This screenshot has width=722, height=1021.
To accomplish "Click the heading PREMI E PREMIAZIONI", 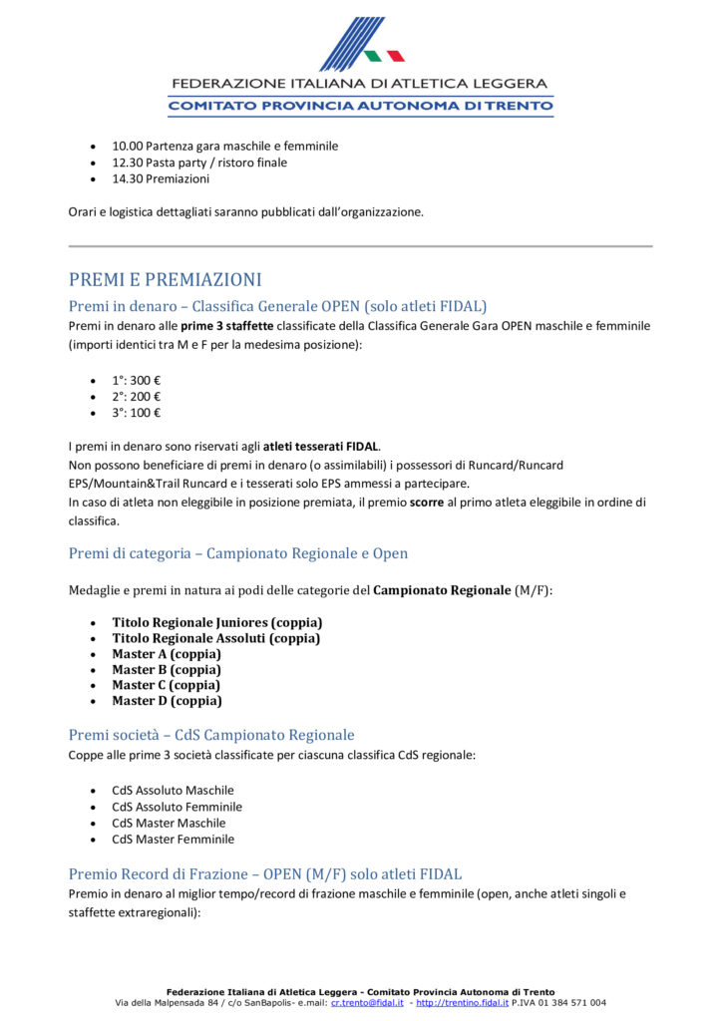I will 166,280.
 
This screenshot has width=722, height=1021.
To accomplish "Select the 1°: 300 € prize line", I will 137,380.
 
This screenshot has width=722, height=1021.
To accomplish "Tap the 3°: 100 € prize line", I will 137,413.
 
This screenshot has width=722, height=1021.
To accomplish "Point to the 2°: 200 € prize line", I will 137,396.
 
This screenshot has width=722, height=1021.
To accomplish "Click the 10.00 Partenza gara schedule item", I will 224,146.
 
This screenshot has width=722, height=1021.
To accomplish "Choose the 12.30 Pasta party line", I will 199,163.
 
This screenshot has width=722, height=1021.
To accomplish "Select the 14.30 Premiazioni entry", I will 161,179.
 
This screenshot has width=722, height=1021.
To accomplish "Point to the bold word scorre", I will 427,503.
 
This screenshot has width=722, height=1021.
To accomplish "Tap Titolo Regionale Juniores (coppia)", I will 217,622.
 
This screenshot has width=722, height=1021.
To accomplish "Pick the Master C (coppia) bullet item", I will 167,685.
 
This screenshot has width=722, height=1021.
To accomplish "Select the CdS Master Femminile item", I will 173,840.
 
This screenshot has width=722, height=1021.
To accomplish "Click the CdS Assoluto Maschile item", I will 173,790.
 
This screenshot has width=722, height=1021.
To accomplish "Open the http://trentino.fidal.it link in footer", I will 462,1003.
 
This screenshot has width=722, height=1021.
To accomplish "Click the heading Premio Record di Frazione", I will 265,873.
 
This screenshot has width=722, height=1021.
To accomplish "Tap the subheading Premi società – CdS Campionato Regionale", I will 211,735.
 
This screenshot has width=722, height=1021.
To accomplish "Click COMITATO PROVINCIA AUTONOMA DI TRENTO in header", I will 360,106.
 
